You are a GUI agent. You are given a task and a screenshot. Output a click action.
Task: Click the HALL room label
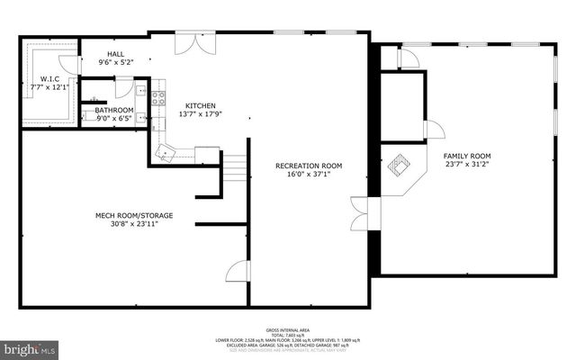tap(115, 54)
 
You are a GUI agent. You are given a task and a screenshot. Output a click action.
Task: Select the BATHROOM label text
tap(114, 109)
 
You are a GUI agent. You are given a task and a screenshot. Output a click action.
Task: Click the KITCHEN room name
tap(201, 104)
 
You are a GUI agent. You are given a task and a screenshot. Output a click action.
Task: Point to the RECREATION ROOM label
tap(309, 166)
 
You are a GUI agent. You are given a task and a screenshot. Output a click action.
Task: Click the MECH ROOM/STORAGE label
tap(134, 215)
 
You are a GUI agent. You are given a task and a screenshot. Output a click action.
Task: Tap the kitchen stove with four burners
tap(158, 98)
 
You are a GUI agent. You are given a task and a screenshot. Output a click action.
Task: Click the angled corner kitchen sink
tap(164, 151)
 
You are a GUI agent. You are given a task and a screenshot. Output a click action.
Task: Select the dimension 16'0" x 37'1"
tap(309, 175)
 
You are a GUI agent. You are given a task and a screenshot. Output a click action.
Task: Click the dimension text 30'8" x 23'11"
tap(134, 225)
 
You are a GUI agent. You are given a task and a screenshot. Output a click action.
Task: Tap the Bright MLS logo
tap(30, 346)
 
